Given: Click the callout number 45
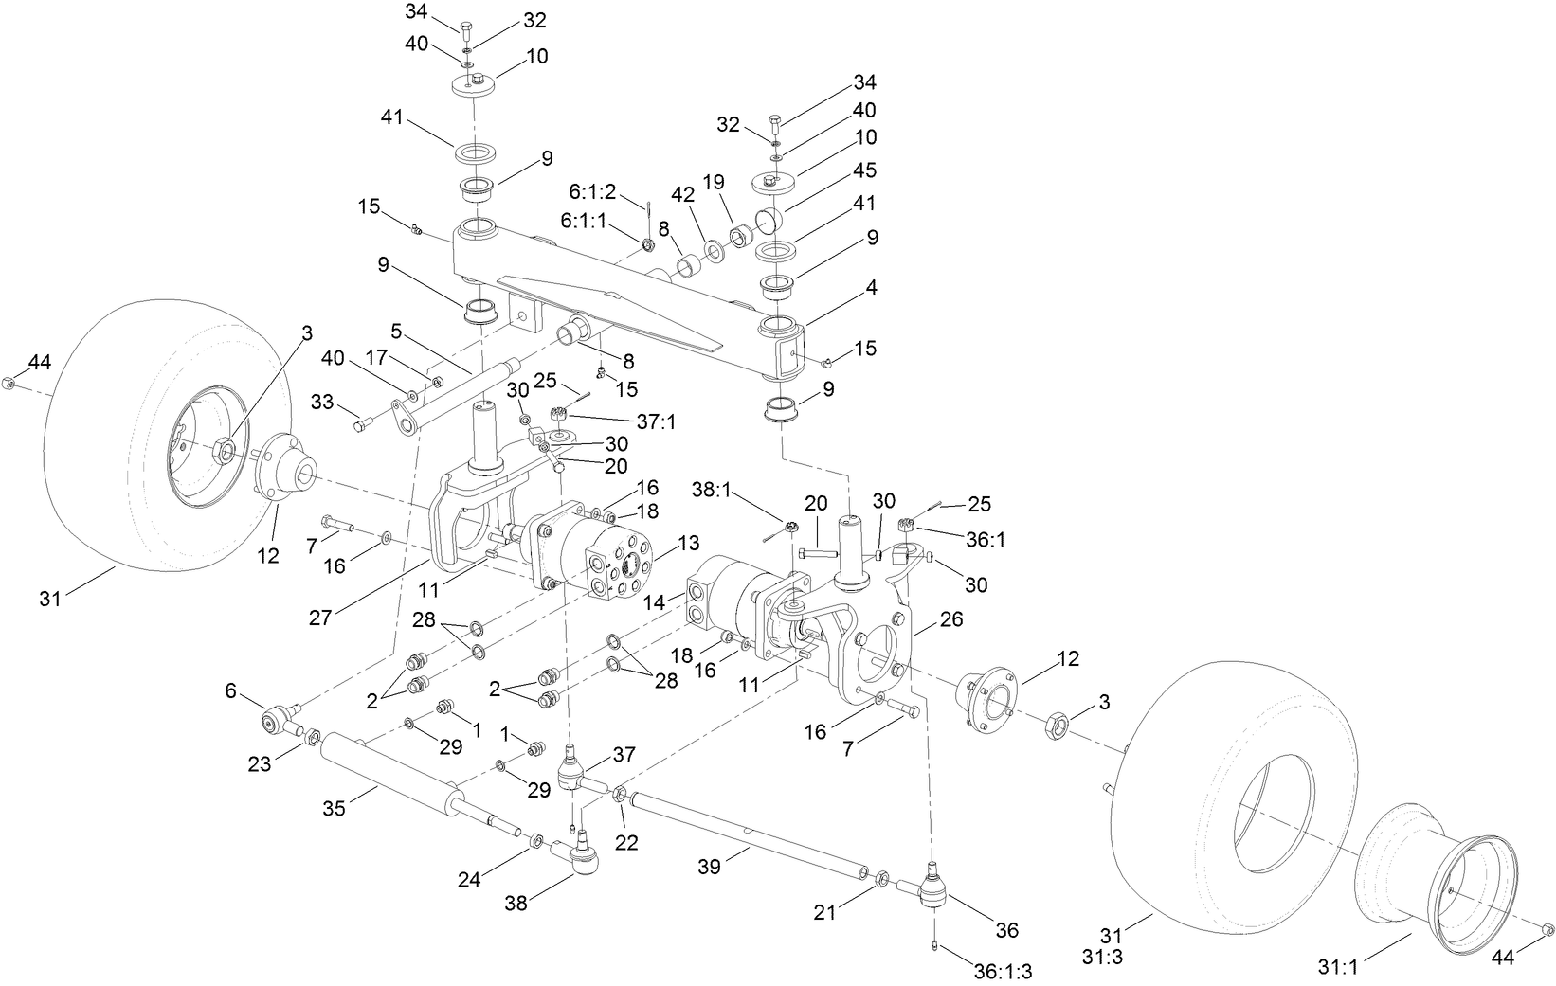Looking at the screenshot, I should click(x=864, y=170).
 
